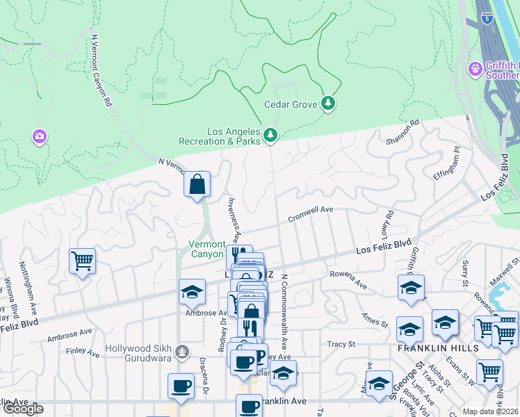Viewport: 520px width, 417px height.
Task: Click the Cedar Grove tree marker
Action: point(328,104)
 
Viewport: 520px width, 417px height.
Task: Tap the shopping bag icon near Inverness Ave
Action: point(197,185)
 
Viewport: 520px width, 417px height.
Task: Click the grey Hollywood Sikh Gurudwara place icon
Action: point(182,351)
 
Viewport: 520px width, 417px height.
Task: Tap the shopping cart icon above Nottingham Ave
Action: point(82,261)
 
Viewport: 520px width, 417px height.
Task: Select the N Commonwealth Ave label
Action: point(285,312)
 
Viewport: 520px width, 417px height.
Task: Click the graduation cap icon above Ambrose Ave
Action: point(192,293)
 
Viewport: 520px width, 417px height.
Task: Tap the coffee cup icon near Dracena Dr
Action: point(181,386)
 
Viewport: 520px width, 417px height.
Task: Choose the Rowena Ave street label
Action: point(348,279)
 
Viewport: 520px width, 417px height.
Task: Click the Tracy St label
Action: point(341,344)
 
